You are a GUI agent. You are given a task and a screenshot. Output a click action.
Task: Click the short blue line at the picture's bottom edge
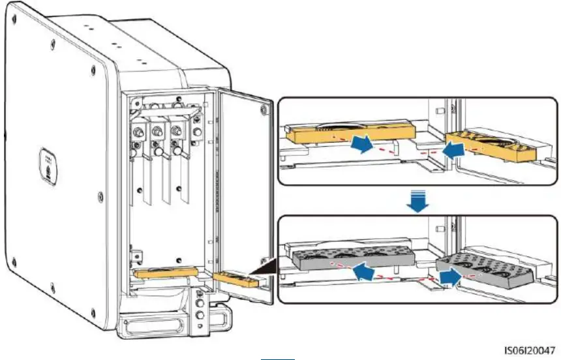tap(280, 358)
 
